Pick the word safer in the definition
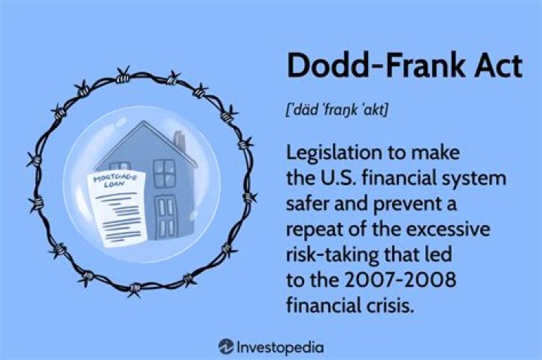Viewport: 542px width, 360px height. pyautogui.click(x=308, y=206)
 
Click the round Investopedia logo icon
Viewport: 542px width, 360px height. pyautogui.click(x=225, y=347)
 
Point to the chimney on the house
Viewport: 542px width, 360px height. pyautogui.click(x=180, y=142)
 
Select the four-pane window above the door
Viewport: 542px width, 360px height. pyautogui.click(x=163, y=173)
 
